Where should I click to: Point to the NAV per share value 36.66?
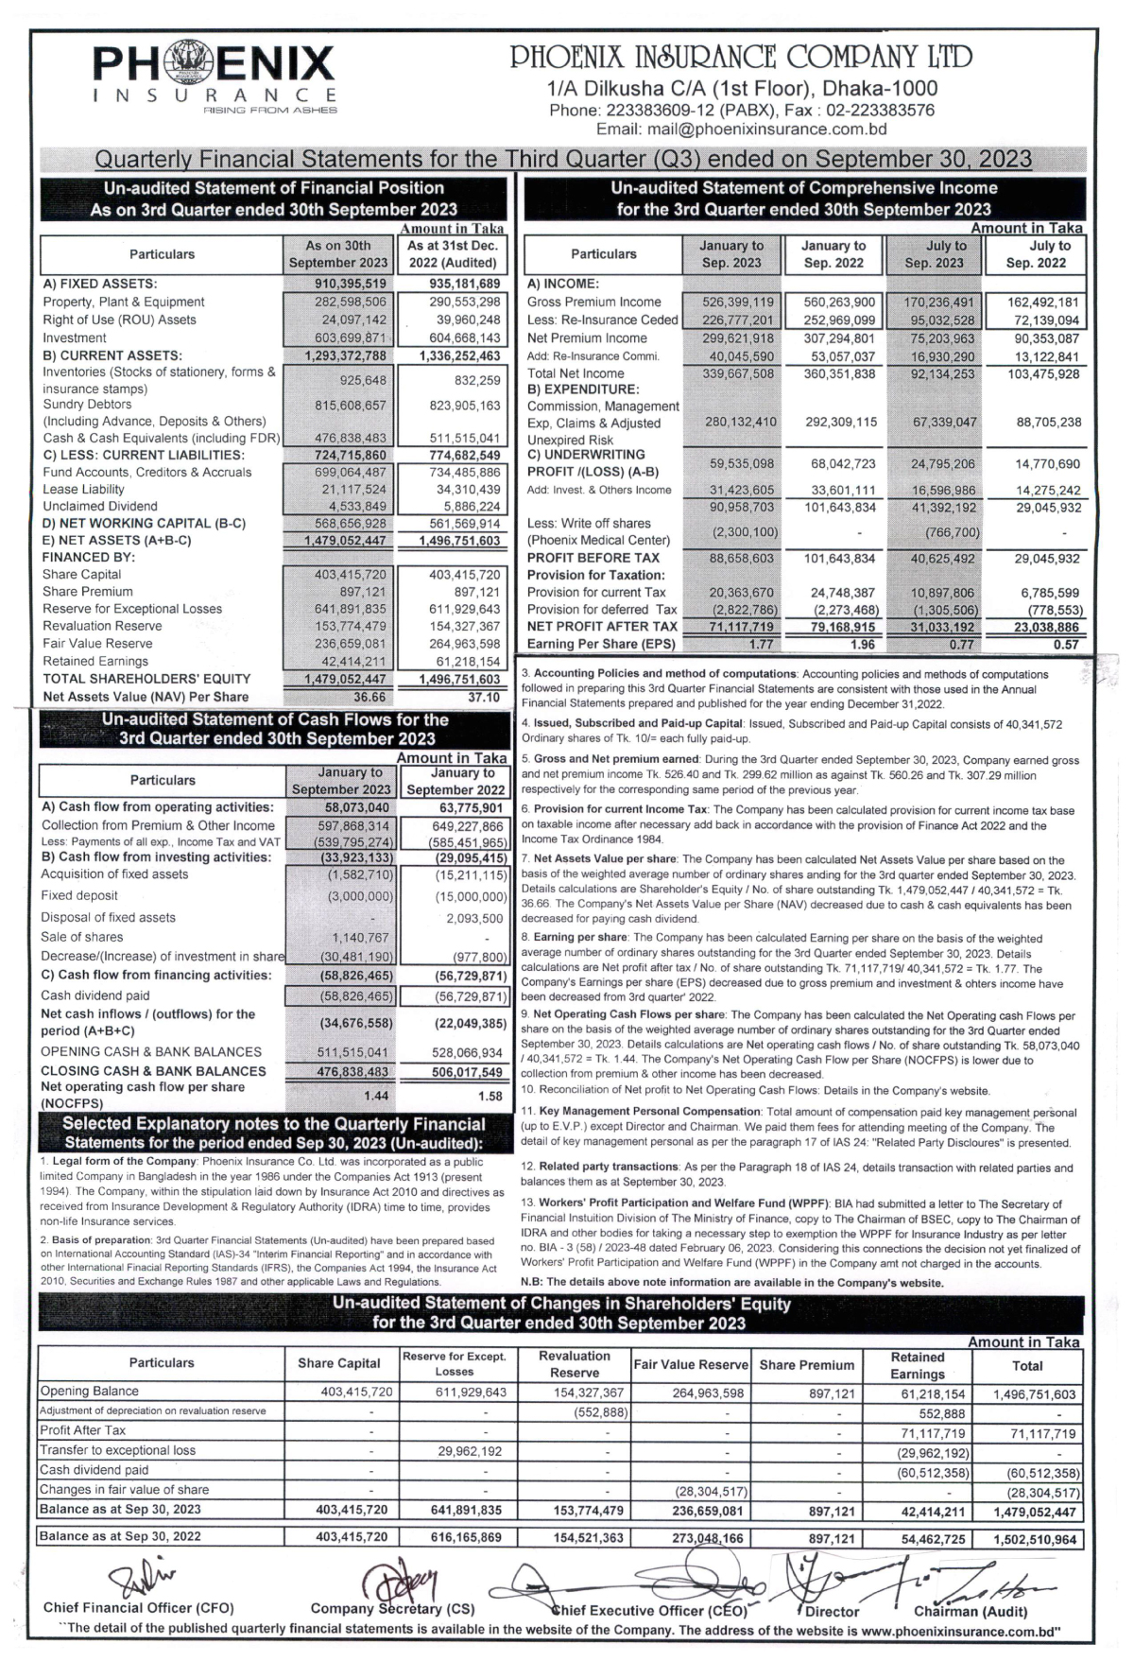(x=369, y=697)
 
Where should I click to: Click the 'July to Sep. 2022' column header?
(x=1036, y=254)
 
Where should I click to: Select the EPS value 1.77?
(x=761, y=644)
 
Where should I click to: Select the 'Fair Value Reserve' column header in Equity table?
(x=691, y=1364)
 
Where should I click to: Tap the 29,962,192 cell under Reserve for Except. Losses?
(x=470, y=1450)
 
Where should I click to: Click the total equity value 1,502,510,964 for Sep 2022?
(x=1035, y=1539)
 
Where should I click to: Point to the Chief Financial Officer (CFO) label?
(x=139, y=1608)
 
